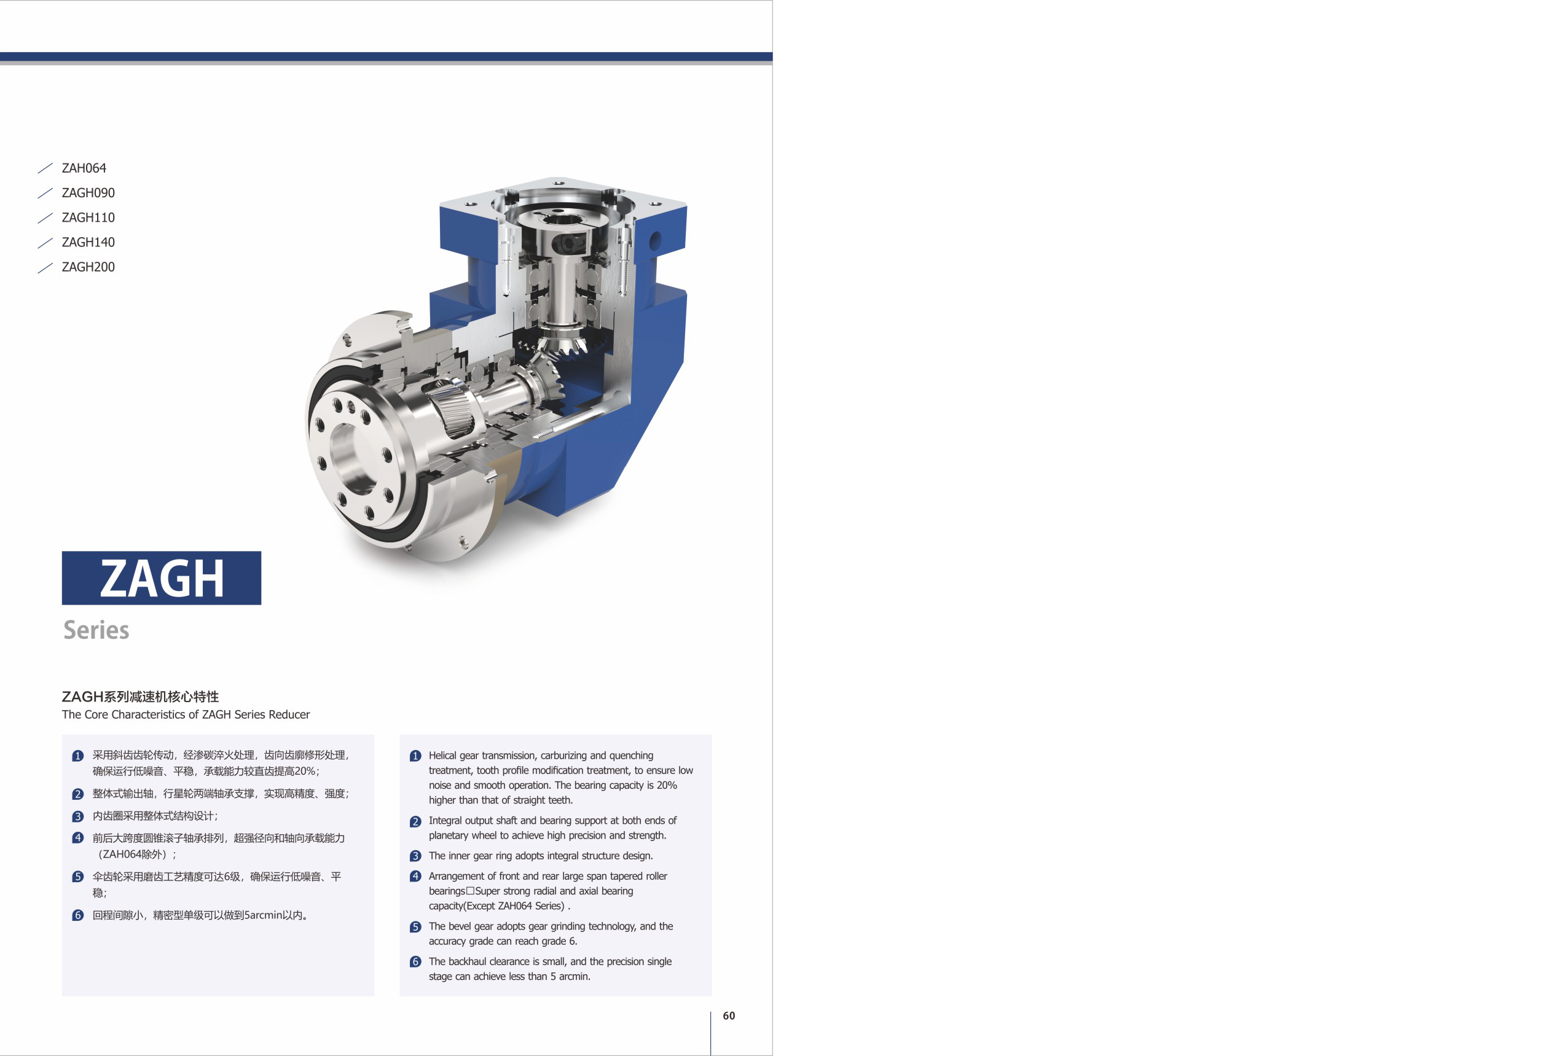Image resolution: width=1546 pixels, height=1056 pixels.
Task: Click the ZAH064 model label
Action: coord(84,168)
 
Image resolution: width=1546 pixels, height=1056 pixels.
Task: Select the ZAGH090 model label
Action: coord(88,193)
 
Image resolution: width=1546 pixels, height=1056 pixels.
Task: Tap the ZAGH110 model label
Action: coord(88,217)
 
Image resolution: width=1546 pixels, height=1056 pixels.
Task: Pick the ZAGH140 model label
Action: coord(88,242)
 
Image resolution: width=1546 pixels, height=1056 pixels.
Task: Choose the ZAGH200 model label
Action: coord(88,267)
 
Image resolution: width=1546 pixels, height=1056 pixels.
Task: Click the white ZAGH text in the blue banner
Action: coord(162,578)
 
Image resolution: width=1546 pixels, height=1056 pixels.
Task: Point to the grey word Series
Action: coord(96,630)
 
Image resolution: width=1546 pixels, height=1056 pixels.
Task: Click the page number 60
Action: coord(729,1015)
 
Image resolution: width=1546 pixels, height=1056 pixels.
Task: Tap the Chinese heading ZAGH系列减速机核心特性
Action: coord(140,696)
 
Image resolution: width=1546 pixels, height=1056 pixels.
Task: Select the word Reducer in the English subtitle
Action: coord(289,714)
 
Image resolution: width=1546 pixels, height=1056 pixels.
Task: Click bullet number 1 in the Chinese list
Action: coord(78,756)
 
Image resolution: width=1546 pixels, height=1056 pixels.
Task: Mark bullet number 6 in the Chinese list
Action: coord(78,915)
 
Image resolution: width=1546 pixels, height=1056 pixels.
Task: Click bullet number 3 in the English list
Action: coord(416,856)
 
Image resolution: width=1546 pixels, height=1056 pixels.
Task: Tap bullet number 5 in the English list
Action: coord(416,926)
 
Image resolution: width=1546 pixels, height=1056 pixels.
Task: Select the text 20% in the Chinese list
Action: coord(305,772)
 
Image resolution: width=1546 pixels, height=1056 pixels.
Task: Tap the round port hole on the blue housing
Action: coord(654,240)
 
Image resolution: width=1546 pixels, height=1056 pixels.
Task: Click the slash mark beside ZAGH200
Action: coord(45,267)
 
